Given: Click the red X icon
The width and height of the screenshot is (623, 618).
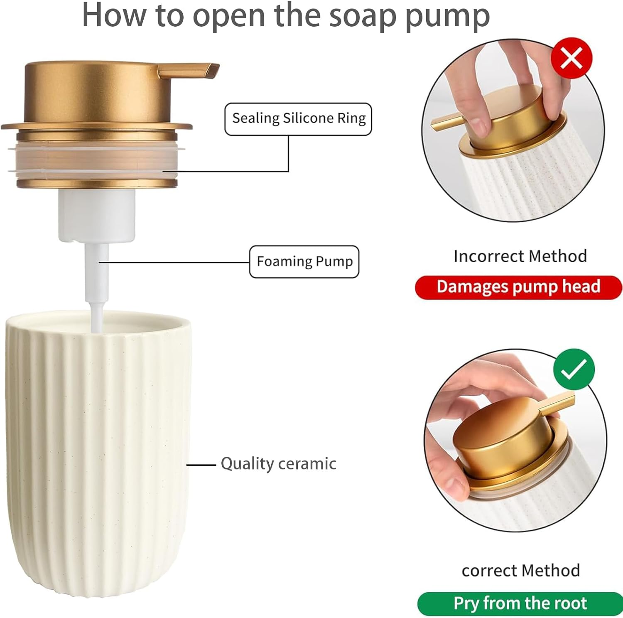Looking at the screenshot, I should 571,58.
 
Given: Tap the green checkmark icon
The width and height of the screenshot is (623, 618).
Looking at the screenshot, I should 574,369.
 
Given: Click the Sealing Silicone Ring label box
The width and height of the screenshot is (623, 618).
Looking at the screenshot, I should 298,119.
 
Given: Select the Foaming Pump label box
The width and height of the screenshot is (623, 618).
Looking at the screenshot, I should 304,262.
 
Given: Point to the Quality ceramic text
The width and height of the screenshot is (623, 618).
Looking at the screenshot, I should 278,464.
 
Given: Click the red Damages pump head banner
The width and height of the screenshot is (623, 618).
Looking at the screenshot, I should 518,287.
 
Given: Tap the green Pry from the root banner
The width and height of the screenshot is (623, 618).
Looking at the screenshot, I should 520,603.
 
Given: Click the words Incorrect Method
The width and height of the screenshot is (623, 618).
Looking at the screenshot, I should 520,256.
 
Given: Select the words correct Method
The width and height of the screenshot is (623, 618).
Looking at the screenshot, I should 521,571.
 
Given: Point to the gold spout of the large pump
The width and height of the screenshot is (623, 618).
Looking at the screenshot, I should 189,70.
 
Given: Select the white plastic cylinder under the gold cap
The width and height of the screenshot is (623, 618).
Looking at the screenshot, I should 97,214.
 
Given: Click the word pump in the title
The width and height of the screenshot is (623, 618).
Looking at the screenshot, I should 447,17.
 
